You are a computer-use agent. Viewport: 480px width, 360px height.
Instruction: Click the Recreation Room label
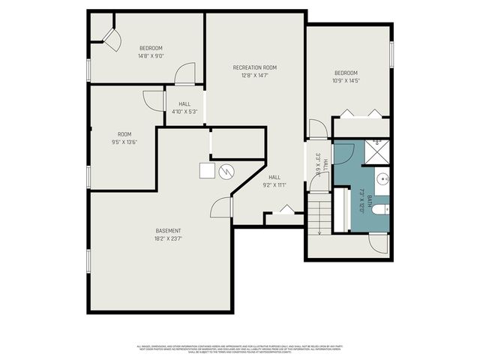254,67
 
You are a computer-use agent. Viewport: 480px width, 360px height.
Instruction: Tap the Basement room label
168,230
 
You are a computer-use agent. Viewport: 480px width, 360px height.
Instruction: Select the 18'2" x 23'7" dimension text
168,239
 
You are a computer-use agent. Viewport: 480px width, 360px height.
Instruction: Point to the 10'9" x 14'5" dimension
347,81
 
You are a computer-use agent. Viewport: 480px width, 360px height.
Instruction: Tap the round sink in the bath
382,179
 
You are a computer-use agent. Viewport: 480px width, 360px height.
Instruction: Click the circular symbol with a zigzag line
226,172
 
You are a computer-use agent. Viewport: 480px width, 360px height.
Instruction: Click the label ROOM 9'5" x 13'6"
124,138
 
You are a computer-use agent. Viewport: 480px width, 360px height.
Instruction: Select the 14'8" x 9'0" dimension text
151,55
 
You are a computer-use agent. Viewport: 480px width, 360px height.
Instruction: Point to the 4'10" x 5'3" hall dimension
184,112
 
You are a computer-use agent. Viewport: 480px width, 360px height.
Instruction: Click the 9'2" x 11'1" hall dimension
275,184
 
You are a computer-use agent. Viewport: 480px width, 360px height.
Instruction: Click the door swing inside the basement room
220,208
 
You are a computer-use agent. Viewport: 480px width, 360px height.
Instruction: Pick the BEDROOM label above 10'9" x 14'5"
347,73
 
